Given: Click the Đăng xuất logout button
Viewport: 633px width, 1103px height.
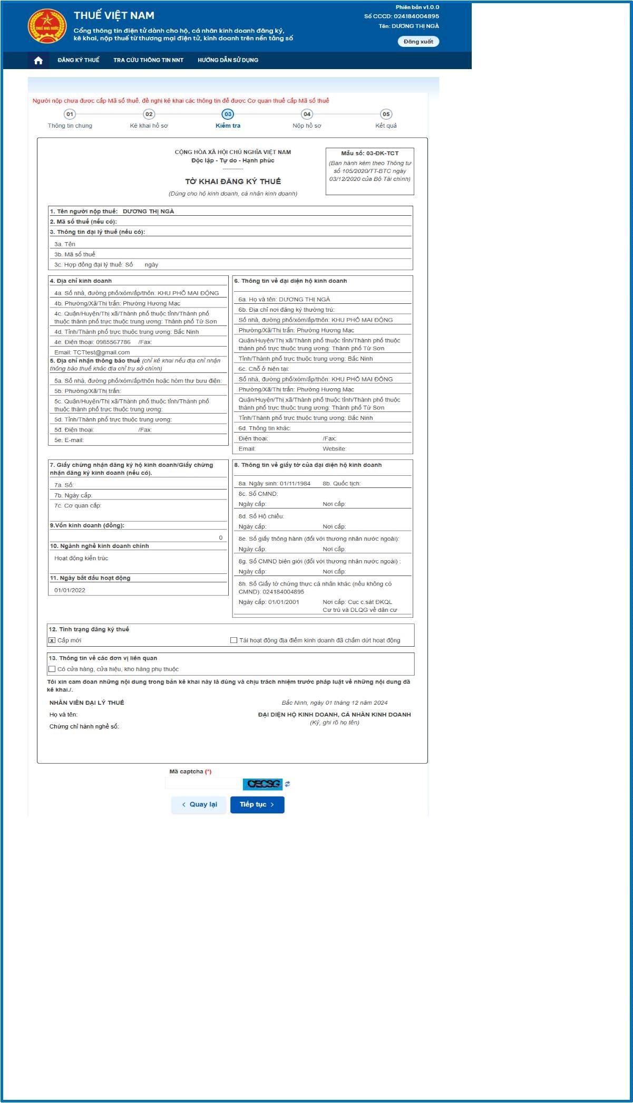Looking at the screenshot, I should tap(418, 42).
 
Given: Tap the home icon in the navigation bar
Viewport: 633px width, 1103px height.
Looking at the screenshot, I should tap(38, 60).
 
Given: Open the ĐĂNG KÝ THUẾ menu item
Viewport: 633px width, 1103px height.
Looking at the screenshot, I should tap(79, 60).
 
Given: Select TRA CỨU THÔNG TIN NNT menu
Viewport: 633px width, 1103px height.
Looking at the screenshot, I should tap(148, 60).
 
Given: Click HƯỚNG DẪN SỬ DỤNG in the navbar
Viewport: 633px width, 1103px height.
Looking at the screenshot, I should tap(228, 60).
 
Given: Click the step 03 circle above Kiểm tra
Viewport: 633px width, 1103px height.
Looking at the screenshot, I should tap(228, 114).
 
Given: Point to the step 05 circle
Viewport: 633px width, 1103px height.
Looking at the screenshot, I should tap(386, 114).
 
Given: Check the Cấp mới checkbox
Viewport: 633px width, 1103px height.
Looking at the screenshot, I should tap(52, 640).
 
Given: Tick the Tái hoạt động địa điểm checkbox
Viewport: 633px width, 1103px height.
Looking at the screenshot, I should tap(233, 640).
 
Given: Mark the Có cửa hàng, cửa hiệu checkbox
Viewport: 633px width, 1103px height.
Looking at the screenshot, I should tap(52, 669).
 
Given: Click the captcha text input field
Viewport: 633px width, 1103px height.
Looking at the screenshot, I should tap(203, 784).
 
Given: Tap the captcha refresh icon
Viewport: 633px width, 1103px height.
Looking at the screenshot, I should tap(287, 784).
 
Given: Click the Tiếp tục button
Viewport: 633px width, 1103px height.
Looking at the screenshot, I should tap(257, 804).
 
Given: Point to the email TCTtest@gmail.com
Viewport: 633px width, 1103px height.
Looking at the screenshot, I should tap(101, 352).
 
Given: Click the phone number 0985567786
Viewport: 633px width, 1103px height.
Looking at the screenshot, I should tap(113, 342).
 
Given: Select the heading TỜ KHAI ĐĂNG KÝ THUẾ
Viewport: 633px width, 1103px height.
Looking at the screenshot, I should tap(233, 181).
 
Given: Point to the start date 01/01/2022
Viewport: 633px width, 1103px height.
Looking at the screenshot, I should tap(70, 590).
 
